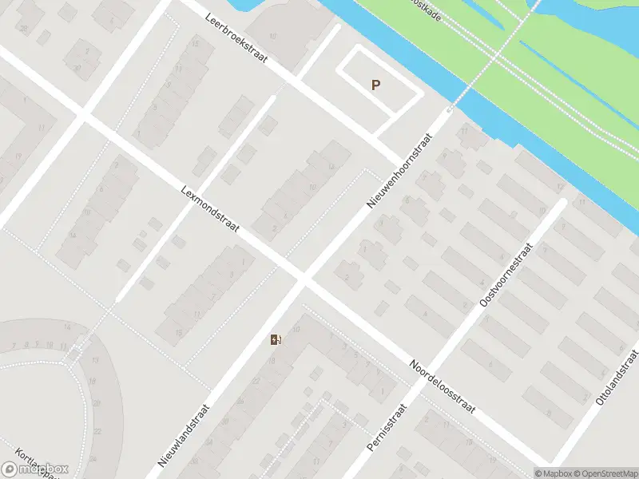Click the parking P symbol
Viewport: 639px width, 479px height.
click(375, 85)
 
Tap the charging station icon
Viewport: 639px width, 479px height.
click(276, 340)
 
